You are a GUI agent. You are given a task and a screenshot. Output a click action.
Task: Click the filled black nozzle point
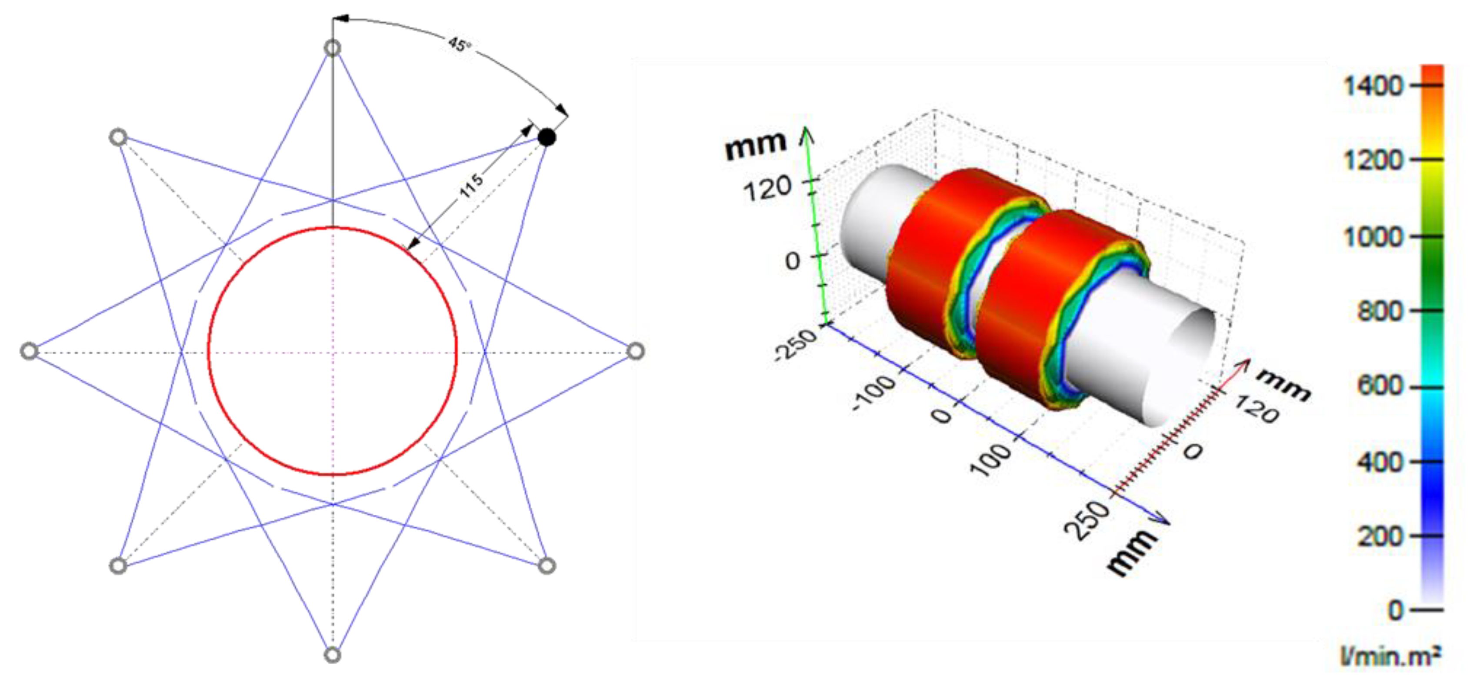pyautogui.click(x=547, y=137)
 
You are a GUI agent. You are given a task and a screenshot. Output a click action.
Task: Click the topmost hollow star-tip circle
pyautogui.click(x=332, y=48)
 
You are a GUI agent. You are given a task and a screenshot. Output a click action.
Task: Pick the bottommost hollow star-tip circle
pyautogui.click(x=332, y=655)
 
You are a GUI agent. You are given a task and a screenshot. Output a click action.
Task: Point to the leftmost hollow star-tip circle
pyautogui.click(x=29, y=351)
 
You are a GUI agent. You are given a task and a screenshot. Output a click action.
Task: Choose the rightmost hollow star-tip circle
pyautogui.click(x=635, y=351)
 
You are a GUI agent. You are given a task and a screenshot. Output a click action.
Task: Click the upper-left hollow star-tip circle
pyautogui.click(x=118, y=137)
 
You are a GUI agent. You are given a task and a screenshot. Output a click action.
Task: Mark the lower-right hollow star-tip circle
pyautogui.click(x=547, y=566)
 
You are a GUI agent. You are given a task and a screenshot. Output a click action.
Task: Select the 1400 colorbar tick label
pyautogui.click(x=1373, y=86)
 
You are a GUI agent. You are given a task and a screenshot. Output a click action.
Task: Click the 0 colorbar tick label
pyautogui.click(x=1395, y=611)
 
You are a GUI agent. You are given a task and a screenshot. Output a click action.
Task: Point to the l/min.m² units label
pyautogui.click(x=1390, y=657)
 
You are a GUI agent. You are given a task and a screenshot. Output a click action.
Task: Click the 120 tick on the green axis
pyautogui.click(x=767, y=188)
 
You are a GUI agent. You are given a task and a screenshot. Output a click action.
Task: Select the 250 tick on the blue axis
pyautogui.click(x=1087, y=520)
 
